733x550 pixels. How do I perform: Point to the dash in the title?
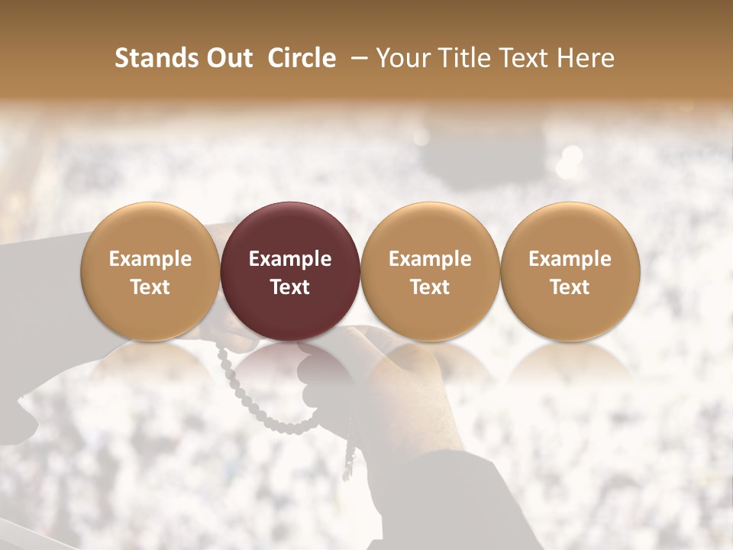tap(356, 58)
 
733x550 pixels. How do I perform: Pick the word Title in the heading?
tap(463, 58)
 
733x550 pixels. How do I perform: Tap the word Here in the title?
tap(586, 58)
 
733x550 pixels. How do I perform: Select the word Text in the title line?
tap(524, 58)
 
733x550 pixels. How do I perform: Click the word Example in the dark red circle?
tap(290, 259)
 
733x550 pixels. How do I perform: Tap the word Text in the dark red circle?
tap(290, 287)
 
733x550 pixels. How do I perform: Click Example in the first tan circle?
tap(150, 259)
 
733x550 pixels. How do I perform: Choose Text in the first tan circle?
tap(150, 287)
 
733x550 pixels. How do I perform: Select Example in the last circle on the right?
tap(570, 259)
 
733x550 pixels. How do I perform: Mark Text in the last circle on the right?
tap(570, 287)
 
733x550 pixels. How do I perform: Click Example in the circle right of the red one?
tap(430, 259)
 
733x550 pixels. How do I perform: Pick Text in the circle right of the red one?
tap(430, 287)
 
